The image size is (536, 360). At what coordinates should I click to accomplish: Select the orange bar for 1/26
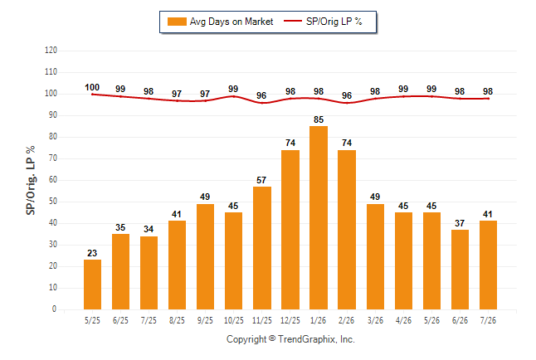(319, 218)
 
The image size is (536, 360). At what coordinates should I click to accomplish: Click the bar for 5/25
(92, 285)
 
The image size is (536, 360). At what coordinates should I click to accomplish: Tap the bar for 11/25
(262, 248)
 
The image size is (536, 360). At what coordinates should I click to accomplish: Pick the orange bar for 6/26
(460, 270)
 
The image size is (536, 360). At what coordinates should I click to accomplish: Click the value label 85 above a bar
(319, 119)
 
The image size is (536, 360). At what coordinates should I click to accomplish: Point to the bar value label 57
(261, 180)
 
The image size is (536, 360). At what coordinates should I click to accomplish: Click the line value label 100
(92, 88)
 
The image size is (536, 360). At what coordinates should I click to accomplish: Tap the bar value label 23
(92, 253)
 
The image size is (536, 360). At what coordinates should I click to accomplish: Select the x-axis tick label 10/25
(234, 320)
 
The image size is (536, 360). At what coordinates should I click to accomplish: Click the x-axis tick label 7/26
(488, 320)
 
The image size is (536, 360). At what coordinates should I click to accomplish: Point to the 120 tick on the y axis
(51, 51)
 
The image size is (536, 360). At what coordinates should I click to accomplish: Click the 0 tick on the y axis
(54, 309)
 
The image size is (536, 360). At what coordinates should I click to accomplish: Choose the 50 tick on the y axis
(52, 202)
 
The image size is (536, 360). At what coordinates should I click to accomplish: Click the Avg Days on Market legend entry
(220, 22)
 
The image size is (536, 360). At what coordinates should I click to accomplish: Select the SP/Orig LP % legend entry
(323, 22)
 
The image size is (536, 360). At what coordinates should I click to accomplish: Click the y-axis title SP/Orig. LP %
(31, 181)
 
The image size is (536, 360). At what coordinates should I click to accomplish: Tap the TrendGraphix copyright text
(290, 339)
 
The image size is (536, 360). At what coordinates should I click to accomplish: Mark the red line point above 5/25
(92, 95)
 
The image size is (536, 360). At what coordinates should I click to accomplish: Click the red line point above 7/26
(488, 99)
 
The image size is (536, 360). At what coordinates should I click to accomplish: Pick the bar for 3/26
(375, 257)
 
